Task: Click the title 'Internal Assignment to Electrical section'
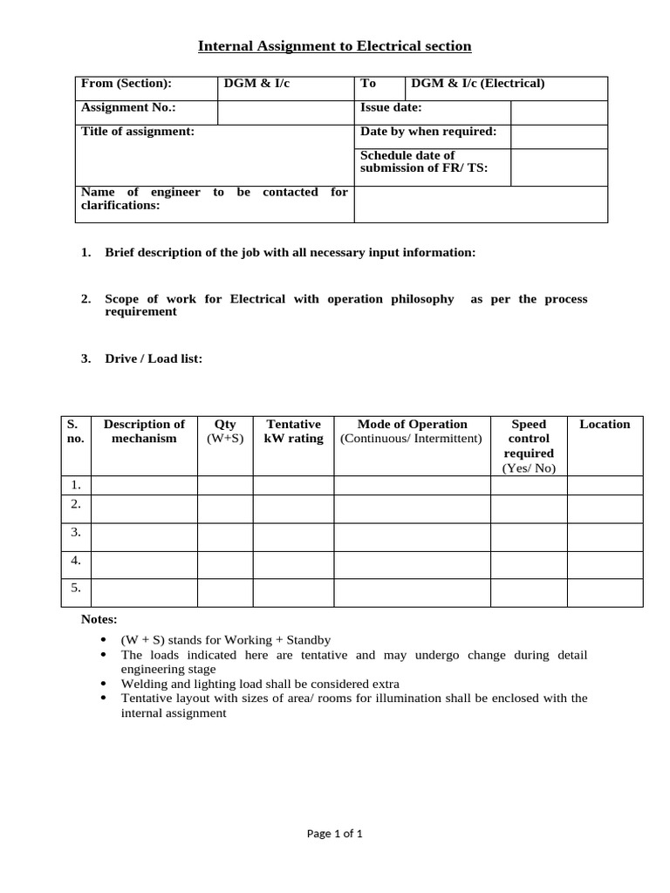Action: pos(335,46)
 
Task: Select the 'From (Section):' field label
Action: pos(126,84)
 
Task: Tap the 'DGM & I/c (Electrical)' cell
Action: pos(477,84)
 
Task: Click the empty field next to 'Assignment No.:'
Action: pos(285,112)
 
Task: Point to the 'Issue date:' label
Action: pos(392,108)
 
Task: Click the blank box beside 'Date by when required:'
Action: pos(558,136)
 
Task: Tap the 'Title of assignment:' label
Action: pos(138,132)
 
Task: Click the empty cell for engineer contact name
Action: pos(481,204)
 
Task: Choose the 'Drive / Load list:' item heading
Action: pos(154,358)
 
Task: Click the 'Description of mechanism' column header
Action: pos(144,432)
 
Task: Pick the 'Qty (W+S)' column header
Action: pos(225,432)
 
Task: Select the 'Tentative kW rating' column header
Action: pos(293,432)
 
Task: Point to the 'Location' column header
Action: pos(605,425)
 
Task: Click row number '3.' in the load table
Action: pos(76,532)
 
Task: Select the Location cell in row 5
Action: pos(605,592)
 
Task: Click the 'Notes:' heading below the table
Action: pos(99,619)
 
